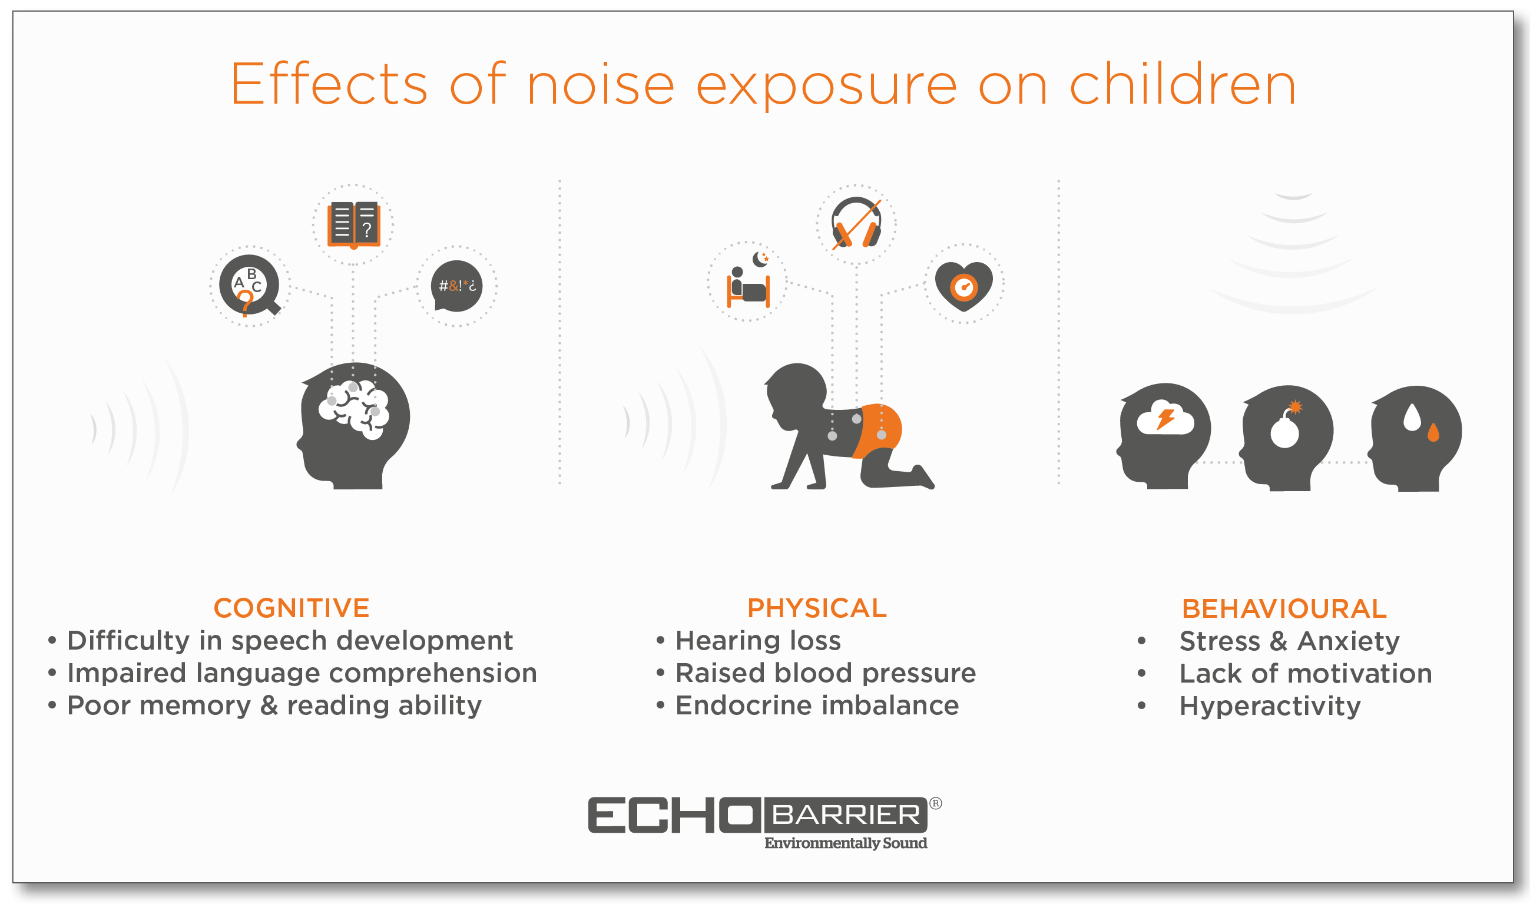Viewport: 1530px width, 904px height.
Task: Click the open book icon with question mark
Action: point(353,225)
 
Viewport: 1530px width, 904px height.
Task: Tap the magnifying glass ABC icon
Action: point(249,285)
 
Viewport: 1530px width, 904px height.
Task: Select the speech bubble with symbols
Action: point(456,286)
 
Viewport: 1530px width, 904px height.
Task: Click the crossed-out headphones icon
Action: point(856,224)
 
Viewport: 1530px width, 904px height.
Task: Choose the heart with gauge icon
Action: point(963,285)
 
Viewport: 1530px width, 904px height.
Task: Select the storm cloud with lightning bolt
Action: point(1165,418)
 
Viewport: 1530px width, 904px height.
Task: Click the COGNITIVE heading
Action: point(291,608)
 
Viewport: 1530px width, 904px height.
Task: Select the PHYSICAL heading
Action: point(817,608)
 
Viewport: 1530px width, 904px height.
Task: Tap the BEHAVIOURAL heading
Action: point(1284,608)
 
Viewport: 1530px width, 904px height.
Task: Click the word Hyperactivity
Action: point(1269,706)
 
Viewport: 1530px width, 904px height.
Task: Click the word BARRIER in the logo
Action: point(846,814)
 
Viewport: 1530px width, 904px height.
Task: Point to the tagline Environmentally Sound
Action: point(846,843)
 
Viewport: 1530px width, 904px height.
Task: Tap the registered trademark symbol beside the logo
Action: point(936,803)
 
